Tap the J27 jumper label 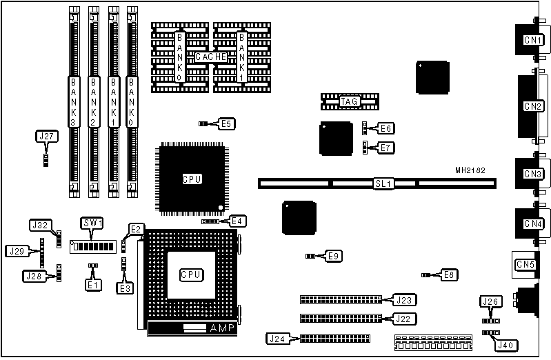(46, 136)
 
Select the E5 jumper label (226, 123)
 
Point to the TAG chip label (349, 101)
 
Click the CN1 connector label (532, 40)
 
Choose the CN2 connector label (532, 106)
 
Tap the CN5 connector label (525, 264)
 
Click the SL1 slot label (383, 184)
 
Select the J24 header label (276, 338)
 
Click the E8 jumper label (449, 274)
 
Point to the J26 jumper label (490, 300)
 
